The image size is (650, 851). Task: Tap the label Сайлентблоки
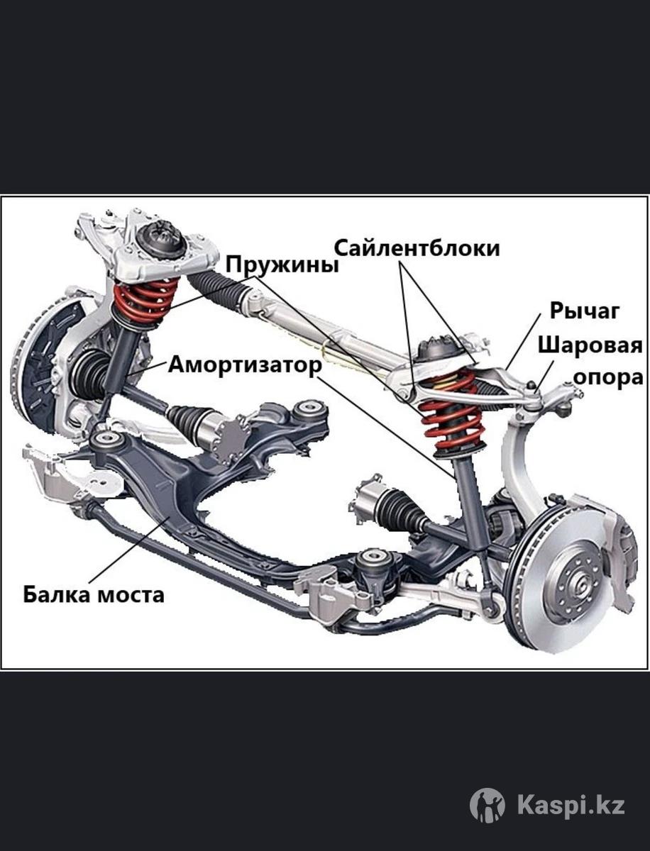[x=417, y=248]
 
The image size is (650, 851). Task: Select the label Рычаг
[x=585, y=311]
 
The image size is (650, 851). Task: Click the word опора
[x=607, y=377]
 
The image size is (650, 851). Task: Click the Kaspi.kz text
[x=571, y=806]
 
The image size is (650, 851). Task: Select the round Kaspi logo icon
[x=488, y=806]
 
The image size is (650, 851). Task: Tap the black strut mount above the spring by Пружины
[x=162, y=241]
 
